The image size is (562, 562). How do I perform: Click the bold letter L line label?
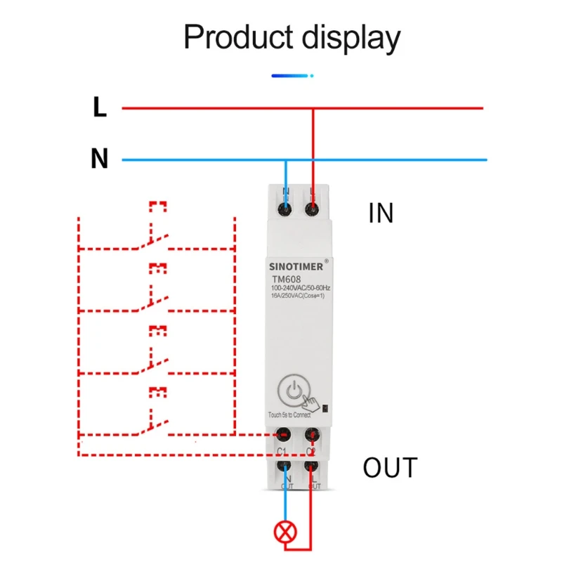100,107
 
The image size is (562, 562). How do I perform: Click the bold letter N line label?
100,159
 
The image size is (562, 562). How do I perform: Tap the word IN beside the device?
381,214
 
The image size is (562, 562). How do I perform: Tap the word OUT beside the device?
390,467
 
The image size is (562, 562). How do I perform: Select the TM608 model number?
285,279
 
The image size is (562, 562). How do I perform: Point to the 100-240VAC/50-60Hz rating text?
301,289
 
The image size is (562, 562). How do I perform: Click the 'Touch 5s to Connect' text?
289,414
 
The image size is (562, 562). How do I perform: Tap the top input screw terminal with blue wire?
286,208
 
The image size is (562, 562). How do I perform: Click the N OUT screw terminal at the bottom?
285,465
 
